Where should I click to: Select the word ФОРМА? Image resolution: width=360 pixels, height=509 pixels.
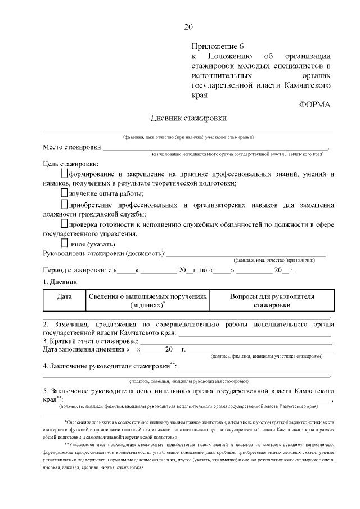[315, 105]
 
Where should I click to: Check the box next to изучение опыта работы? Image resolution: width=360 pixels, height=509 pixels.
[64, 193]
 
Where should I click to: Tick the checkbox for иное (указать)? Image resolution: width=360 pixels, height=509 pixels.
[64, 243]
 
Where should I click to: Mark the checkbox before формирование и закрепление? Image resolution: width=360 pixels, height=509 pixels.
[64, 173]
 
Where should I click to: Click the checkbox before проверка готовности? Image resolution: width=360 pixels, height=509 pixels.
[64, 224]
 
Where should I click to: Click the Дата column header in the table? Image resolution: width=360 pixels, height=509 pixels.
[64, 296]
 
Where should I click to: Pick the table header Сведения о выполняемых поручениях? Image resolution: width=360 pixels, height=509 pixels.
[147, 300]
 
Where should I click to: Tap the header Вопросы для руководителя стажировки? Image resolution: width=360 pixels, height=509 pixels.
[272, 300]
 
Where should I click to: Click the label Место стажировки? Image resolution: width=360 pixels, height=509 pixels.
[72, 148]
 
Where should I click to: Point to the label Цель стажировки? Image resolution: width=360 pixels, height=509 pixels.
[70, 164]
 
